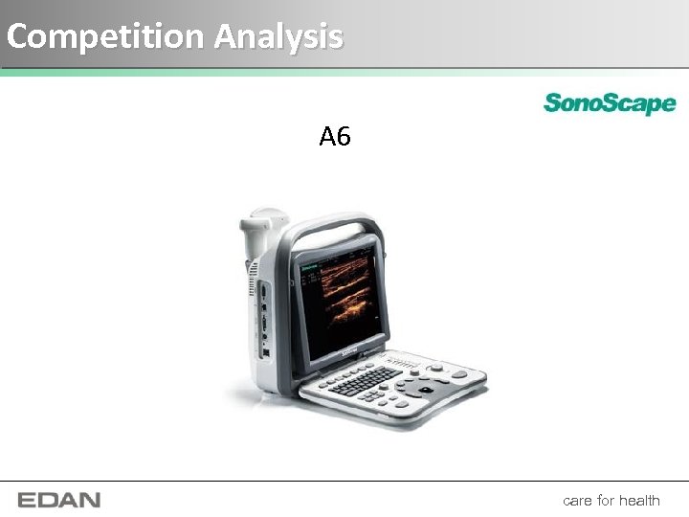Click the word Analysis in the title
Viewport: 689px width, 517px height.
(x=278, y=36)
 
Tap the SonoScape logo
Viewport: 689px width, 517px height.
(x=610, y=103)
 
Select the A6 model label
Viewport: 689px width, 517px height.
(x=335, y=138)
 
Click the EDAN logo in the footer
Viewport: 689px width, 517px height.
(x=58, y=500)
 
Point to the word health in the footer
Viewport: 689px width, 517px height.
(x=639, y=500)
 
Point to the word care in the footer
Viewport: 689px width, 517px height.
(x=577, y=500)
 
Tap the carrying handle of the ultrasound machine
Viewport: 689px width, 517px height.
(x=330, y=230)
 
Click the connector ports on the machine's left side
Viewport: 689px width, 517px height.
(x=261, y=316)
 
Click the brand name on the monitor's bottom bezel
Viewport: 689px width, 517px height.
(x=349, y=354)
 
